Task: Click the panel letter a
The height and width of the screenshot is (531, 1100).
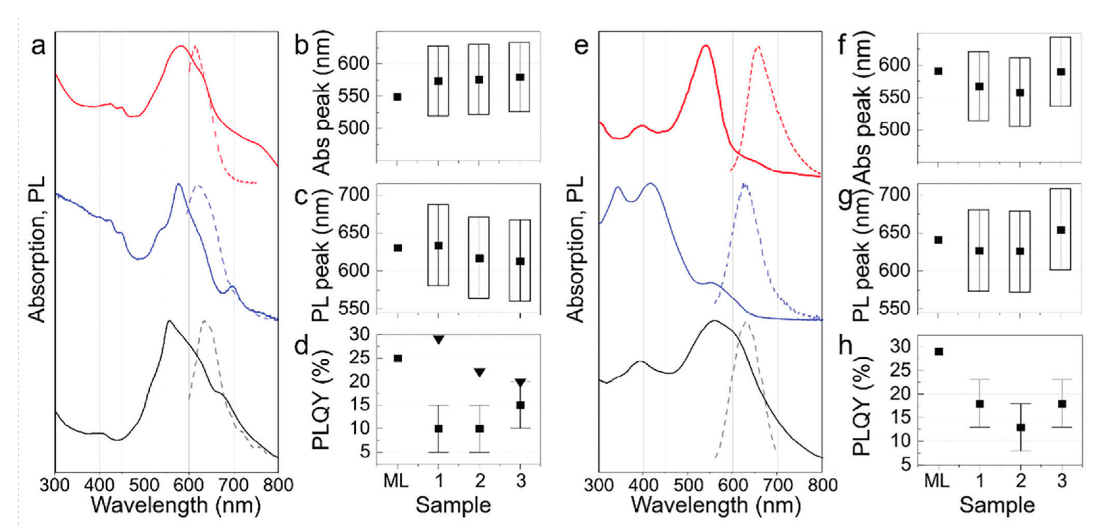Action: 38,46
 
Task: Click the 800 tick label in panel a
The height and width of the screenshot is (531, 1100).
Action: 278,485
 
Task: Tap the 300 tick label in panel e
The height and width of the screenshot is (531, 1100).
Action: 598,485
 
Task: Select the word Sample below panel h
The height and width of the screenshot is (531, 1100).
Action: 997,505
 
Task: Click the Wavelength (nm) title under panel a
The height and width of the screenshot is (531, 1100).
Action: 176,505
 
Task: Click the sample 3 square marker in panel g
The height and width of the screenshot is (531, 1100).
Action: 1061,230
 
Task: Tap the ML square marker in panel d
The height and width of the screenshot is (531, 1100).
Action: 398,358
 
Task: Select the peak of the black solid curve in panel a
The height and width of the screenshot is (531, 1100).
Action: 169,321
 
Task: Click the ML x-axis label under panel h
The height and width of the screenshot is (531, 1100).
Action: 937,481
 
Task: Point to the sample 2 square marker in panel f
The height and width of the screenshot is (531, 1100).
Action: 1020,93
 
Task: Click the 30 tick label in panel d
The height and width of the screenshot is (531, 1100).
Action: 360,335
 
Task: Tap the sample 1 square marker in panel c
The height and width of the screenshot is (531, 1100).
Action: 438,245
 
